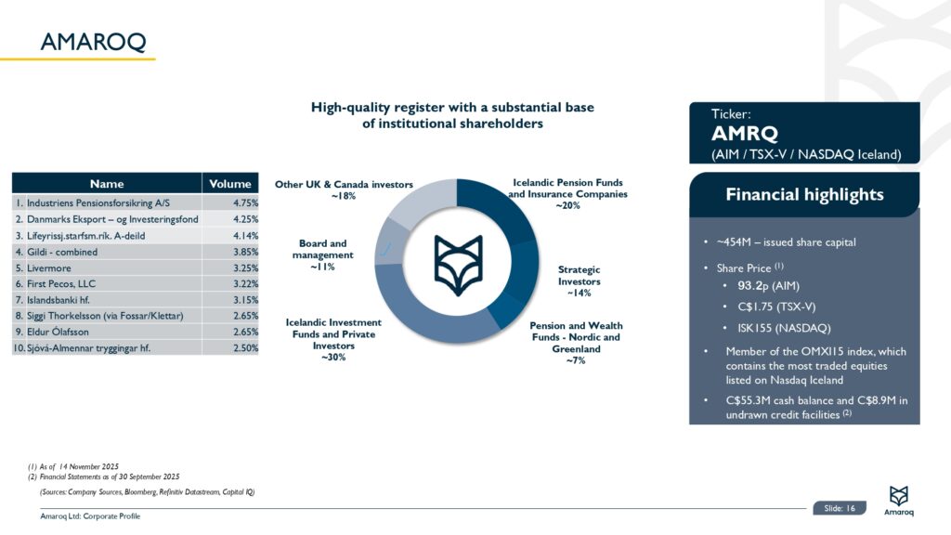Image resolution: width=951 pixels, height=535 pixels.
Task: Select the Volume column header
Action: click(230, 183)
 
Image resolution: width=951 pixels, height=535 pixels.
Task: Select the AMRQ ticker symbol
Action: click(744, 133)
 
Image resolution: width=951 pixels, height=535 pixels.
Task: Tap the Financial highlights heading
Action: click(804, 194)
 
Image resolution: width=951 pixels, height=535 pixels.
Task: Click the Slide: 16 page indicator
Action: click(839, 507)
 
